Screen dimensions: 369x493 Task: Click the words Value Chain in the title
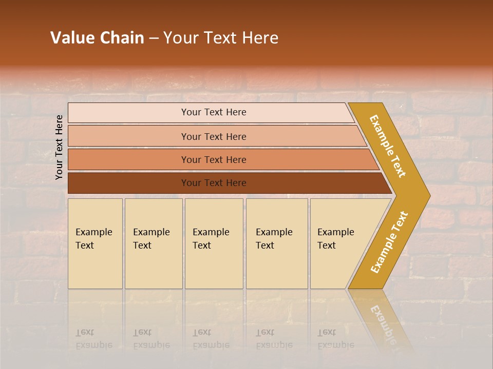pyautogui.click(x=97, y=38)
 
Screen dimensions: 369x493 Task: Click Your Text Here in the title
pyautogui.click(x=221, y=38)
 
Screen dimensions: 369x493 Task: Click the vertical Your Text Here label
pyautogui.click(x=59, y=147)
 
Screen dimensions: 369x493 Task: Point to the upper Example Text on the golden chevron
pyautogui.click(x=388, y=146)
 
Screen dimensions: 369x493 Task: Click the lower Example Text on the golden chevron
pyautogui.click(x=389, y=242)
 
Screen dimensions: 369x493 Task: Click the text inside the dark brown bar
pyautogui.click(x=214, y=183)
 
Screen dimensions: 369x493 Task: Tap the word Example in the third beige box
pyautogui.click(x=211, y=232)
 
